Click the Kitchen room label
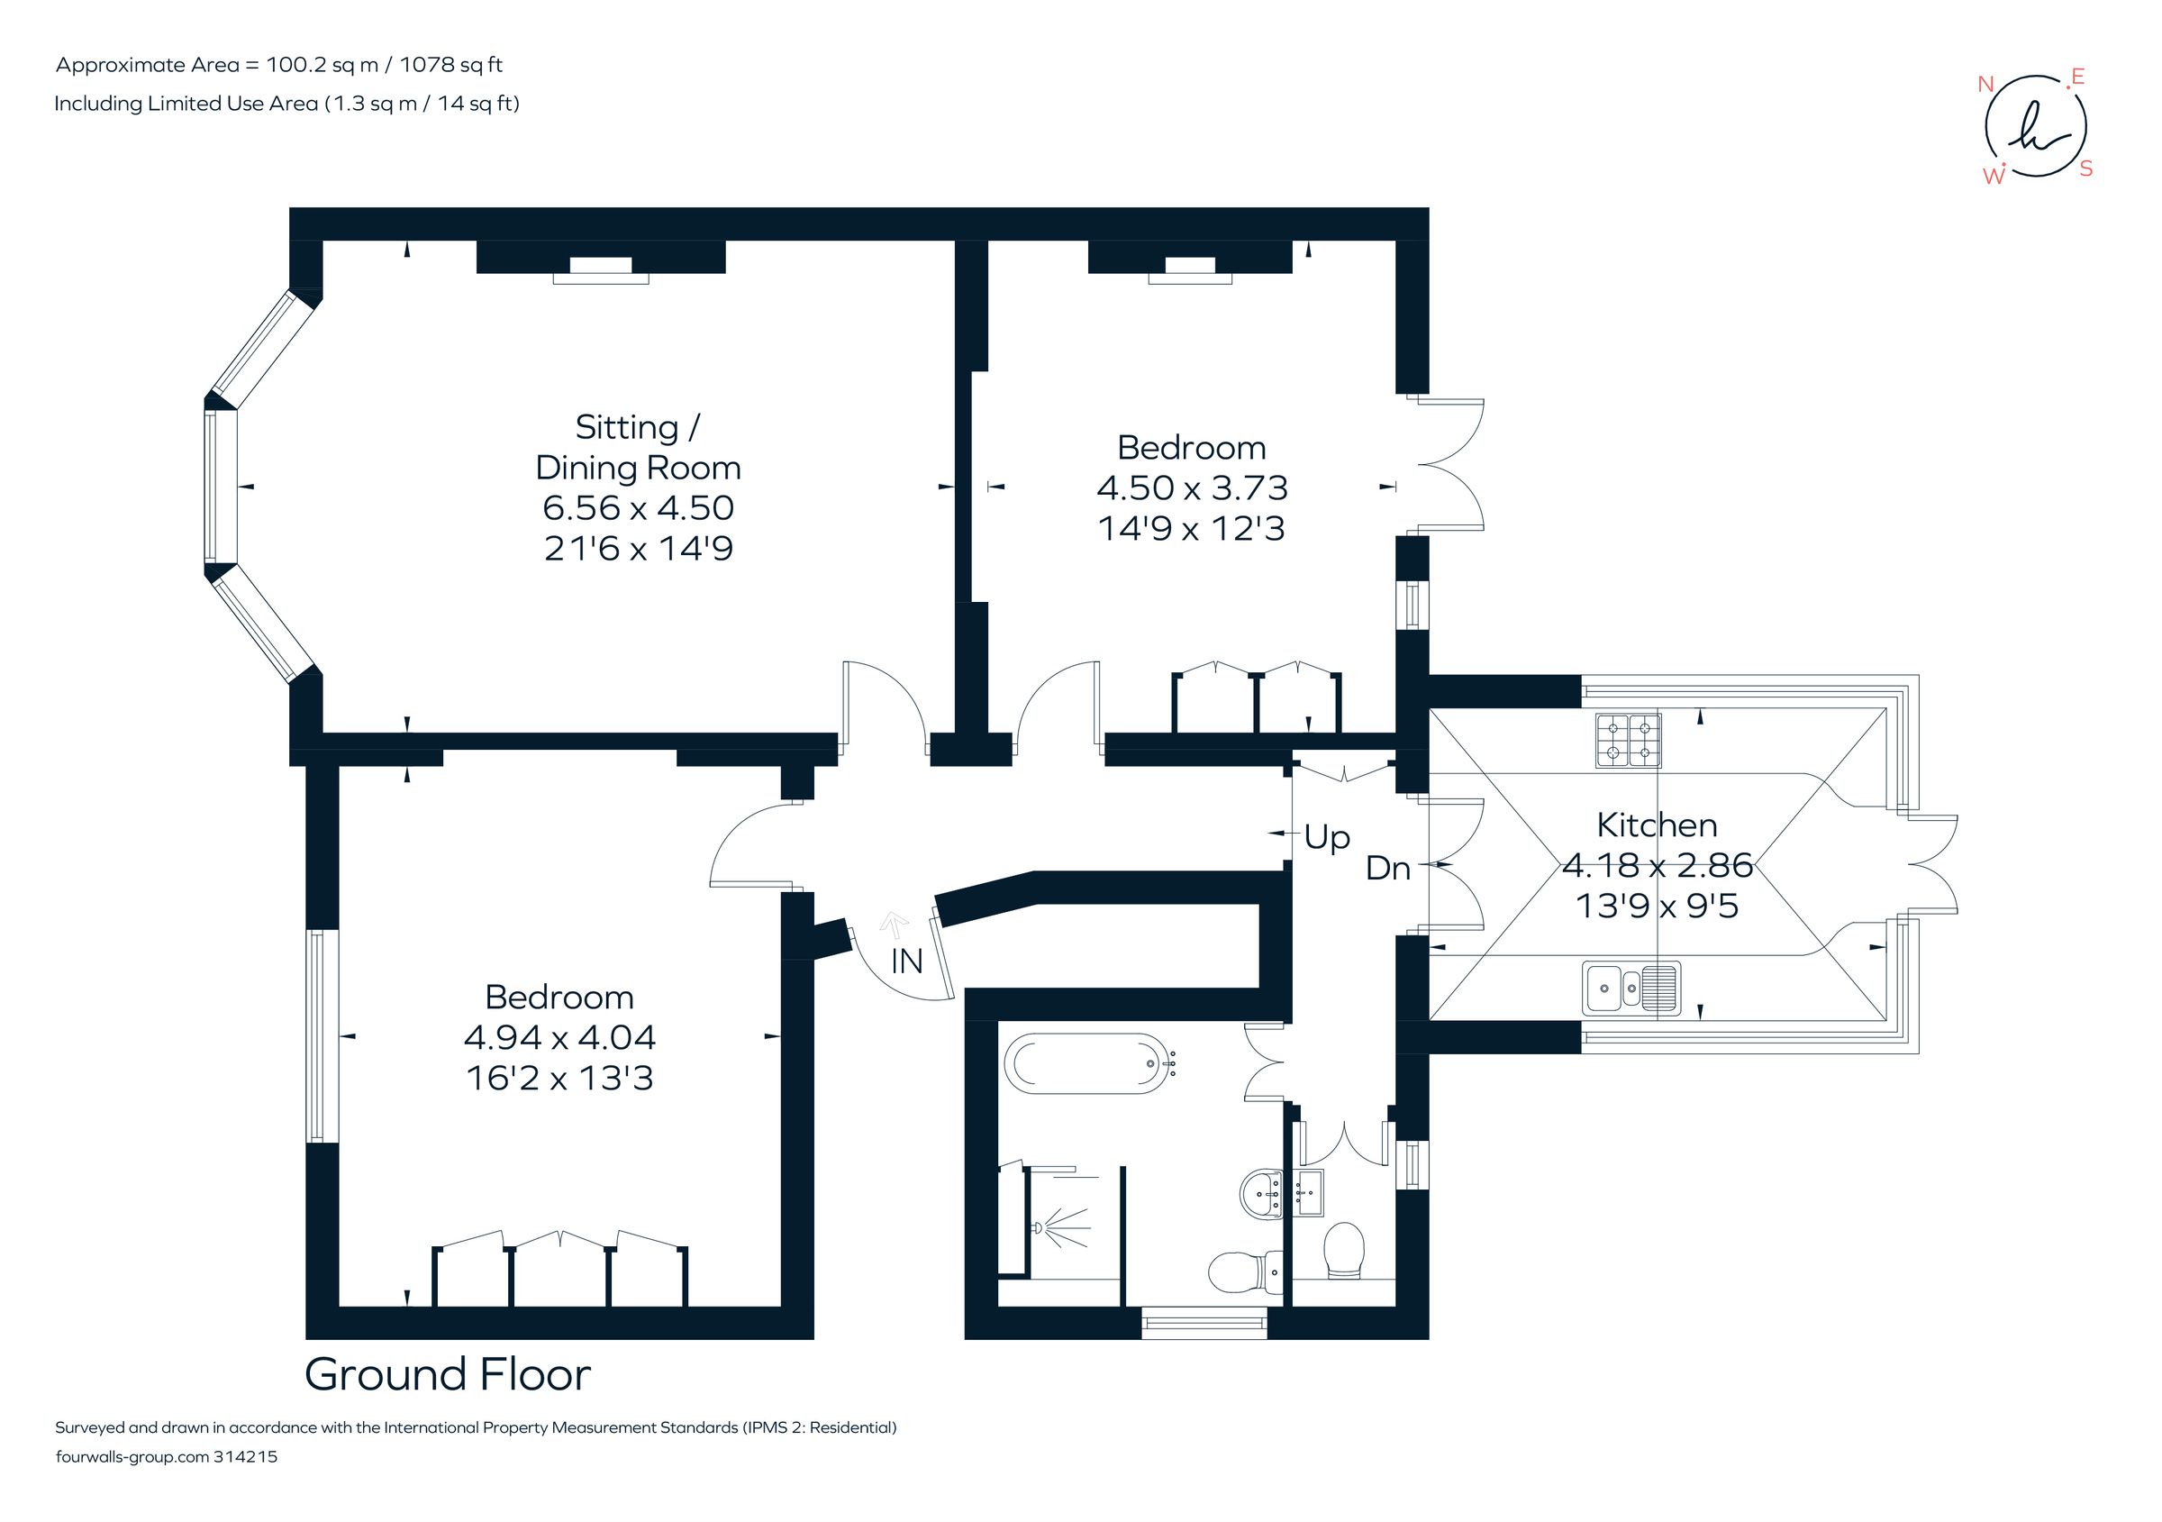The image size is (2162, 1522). click(1657, 825)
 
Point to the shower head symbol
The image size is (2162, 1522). click(1039, 1228)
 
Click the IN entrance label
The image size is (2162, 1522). click(907, 962)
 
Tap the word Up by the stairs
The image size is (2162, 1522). click(1327, 836)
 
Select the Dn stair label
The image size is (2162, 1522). click(1387, 869)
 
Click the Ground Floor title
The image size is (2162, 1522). click(448, 1374)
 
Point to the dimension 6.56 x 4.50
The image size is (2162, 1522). click(638, 507)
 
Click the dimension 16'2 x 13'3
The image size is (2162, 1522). click(559, 1078)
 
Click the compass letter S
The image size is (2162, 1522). click(2085, 169)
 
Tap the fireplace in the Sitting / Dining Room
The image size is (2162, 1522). click(601, 270)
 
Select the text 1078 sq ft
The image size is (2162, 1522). click(451, 65)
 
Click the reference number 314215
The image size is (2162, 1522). click(246, 1457)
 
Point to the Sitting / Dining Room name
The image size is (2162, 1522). click(638, 447)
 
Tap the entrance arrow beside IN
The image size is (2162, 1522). click(894, 924)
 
